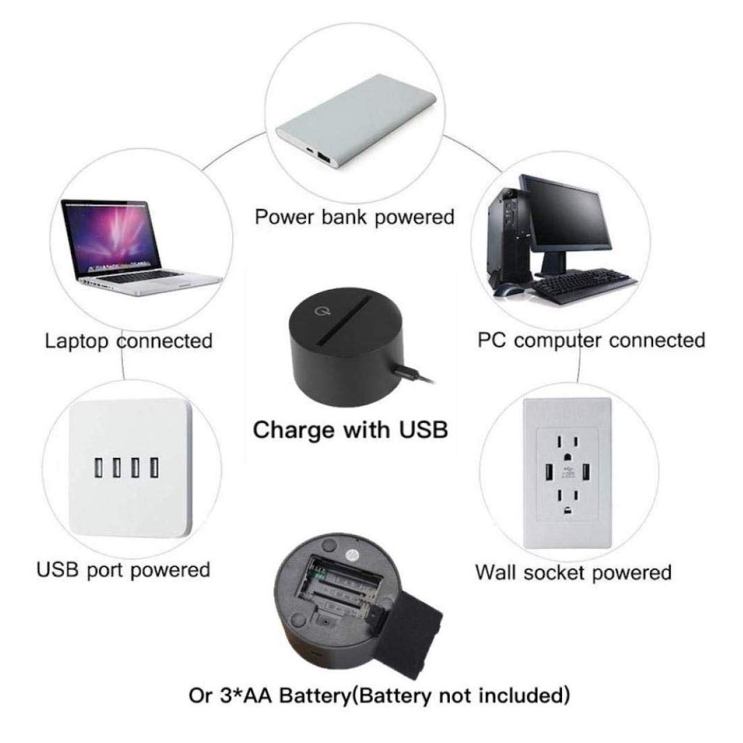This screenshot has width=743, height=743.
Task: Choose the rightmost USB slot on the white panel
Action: click(155, 467)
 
